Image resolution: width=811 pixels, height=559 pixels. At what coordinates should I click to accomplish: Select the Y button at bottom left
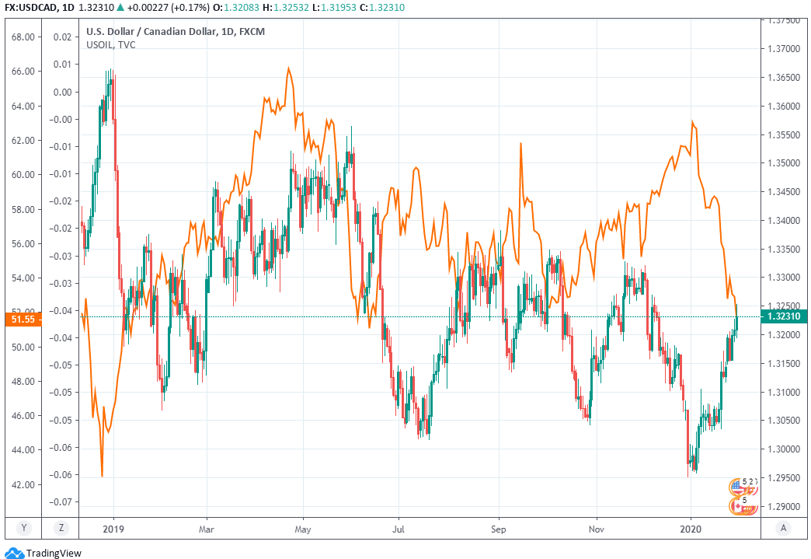(23, 529)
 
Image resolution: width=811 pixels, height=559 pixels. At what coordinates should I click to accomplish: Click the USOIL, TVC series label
(110, 45)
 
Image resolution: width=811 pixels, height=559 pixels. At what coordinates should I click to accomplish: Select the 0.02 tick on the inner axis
(62, 37)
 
